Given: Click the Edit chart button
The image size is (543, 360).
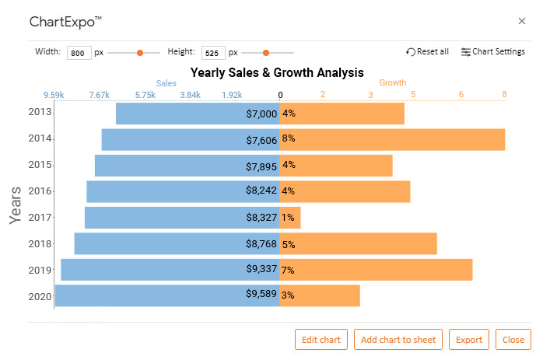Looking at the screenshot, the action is (321, 339).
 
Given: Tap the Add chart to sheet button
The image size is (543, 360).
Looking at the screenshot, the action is (398, 339).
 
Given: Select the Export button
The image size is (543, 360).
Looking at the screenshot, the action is (469, 339).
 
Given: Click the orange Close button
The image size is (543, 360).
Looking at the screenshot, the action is (513, 339).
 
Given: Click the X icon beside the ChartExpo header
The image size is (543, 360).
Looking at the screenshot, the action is (522, 21).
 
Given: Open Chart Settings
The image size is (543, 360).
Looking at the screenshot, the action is (493, 51).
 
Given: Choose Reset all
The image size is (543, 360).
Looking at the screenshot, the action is (427, 51).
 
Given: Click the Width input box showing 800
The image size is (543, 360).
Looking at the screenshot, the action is (79, 53).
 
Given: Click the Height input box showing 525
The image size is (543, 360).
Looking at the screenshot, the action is (213, 53).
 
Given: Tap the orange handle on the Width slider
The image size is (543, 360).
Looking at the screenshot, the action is (140, 53).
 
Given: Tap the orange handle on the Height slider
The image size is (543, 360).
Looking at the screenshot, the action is (266, 53).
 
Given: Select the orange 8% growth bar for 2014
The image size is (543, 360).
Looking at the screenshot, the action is (392, 139).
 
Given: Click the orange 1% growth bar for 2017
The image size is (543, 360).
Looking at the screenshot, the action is (290, 218).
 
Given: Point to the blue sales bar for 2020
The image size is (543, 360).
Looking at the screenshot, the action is (167, 295).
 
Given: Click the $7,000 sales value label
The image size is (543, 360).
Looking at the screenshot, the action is (261, 114).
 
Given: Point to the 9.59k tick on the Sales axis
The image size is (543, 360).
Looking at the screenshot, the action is (54, 95).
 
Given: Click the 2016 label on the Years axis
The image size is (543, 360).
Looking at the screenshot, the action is (40, 190).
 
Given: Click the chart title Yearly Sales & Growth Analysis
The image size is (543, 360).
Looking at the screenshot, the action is (277, 72).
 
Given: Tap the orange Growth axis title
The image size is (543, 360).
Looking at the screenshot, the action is (393, 82).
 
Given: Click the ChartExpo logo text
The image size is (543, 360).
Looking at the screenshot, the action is (65, 22).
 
